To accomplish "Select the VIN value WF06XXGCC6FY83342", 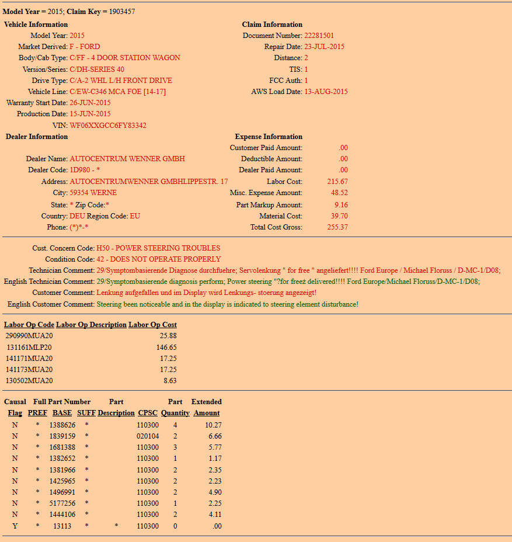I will point(108,126).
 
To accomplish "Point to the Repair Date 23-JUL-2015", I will point(326,47).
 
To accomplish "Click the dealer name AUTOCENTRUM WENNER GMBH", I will point(127,159).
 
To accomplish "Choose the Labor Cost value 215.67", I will point(337,182).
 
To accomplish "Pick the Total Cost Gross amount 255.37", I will point(337,227).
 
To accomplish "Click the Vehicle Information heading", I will point(36,25).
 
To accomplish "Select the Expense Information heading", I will point(269,137).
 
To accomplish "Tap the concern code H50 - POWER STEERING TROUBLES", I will point(158,248).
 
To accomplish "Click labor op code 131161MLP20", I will point(29,348).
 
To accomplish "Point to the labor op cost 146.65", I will point(166,348).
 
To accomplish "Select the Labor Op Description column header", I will point(91,325).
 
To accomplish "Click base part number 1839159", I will point(62,436).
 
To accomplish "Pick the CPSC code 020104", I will point(148,436).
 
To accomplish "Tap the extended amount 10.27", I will point(213,425).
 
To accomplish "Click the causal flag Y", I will point(15,526).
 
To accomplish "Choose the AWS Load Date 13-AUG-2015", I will point(326,92).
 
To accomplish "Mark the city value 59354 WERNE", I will point(93,193).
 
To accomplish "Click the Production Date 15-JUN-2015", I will point(90,114).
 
